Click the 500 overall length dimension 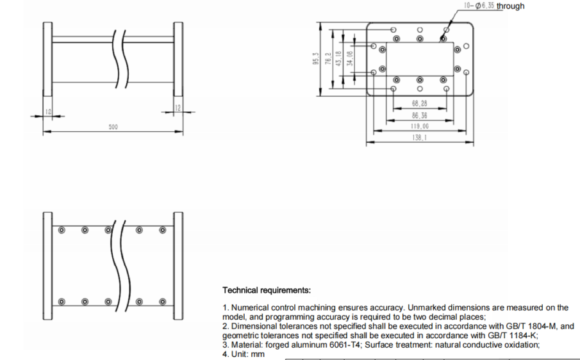[x=113, y=127]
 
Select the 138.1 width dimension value [x=420, y=137]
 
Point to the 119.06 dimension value [x=420, y=126]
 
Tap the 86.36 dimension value [x=420, y=116]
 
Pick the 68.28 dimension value [x=420, y=104]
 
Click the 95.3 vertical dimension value [x=315, y=58]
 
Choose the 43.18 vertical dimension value [x=338, y=58]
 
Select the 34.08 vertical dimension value [x=349, y=58]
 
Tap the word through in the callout [x=511, y=6]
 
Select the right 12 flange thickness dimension [x=178, y=107]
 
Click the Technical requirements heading [x=266, y=290]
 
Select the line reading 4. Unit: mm [x=243, y=354]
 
